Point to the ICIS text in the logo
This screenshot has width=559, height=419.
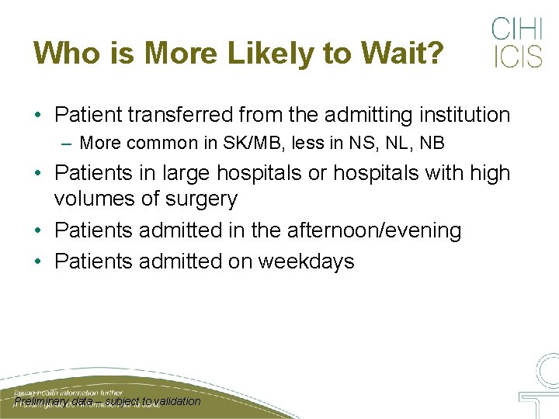pyautogui.click(x=516, y=57)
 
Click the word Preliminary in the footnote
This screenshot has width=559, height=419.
pyautogui.click(x=43, y=401)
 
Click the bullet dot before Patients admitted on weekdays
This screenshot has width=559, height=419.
pyautogui.click(x=38, y=262)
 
